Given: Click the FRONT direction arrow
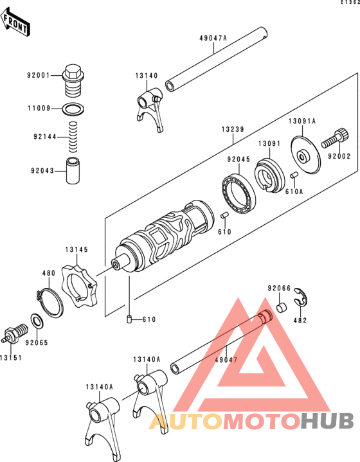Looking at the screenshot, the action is pyautogui.click(x=14, y=21).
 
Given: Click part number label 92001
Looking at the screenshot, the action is pyautogui.click(x=39, y=75).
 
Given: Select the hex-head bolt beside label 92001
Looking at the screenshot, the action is pyautogui.click(x=73, y=80).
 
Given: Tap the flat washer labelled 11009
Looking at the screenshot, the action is pyautogui.click(x=73, y=109).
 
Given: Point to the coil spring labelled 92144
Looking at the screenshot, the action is pyautogui.click(x=73, y=137).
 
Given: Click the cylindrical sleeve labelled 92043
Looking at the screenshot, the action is pyautogui.click(x=73, y=171).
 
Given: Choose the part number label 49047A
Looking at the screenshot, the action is pyautogui.click(x=213, y=38).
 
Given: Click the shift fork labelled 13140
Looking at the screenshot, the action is pyautogui.click(x=150, y=109).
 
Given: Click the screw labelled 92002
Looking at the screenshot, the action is pyautogui.click(x=336, y=138).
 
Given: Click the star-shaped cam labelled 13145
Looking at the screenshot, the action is pyautogui.click(x=79, y=286).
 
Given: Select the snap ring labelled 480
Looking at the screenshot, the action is pyautogui.click(x=50, y=303).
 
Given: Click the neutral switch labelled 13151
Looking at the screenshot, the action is pyautogui.click(x=15, y=334).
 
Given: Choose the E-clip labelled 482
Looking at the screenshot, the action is pyautogui.click(x=300, y=298).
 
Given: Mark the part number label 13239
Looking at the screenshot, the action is pyautogui.click(x=233, y=129).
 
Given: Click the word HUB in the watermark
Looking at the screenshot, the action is pyautogui.click(x=328, y=421).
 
